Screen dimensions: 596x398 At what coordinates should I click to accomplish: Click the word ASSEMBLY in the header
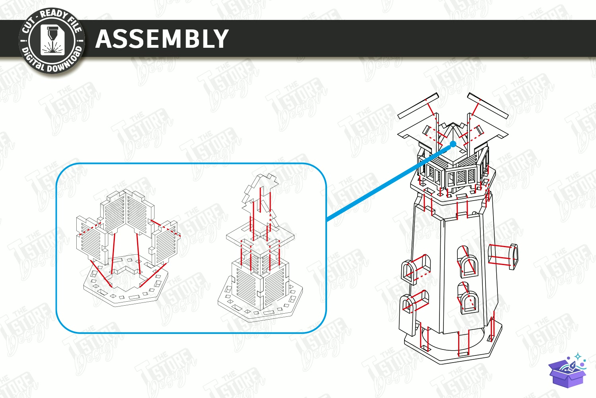tap(162, 39)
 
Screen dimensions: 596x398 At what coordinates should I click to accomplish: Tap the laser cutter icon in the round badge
tap(52, 41)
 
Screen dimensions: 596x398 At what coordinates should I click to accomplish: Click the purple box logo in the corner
tap(567, 371)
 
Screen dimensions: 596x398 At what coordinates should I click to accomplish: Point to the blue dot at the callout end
tap(453, 144)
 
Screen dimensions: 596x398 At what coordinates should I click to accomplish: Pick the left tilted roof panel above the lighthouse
tap(418, 106)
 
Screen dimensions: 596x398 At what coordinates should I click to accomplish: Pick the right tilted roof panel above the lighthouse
tap(488, 105)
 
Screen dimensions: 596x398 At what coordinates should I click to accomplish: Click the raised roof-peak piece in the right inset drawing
tap(260, 192)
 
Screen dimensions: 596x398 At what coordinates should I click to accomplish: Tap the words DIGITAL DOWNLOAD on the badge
tap(52, 62)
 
